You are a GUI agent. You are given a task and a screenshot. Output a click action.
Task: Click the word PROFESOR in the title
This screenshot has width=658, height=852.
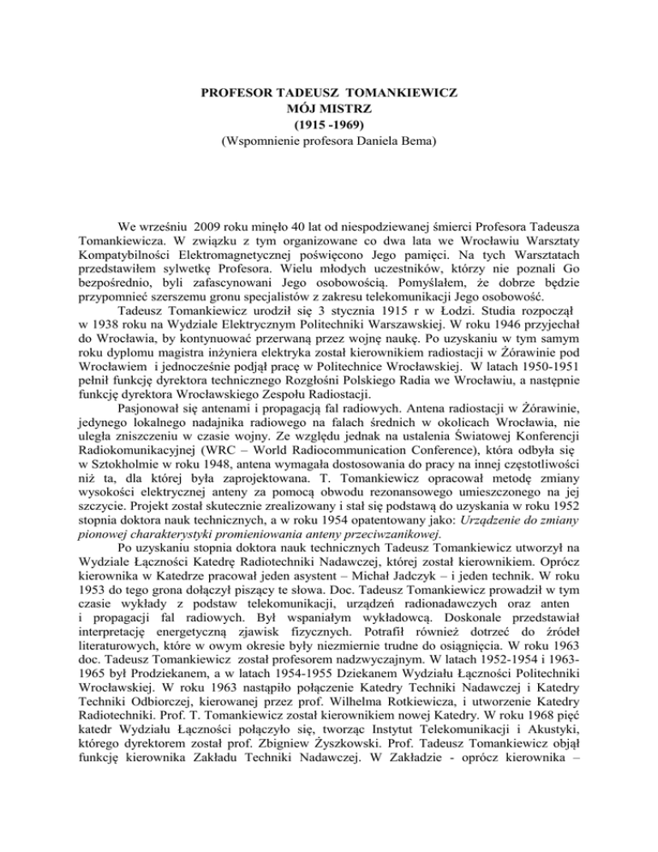pyautogui.click(x=229, y=90)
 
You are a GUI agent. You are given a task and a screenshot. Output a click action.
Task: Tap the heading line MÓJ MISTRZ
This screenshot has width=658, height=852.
pyautogui.click(x=328, y=106)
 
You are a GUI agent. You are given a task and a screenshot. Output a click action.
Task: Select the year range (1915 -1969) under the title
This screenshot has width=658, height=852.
pyautogui.click(x=328, y=123)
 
